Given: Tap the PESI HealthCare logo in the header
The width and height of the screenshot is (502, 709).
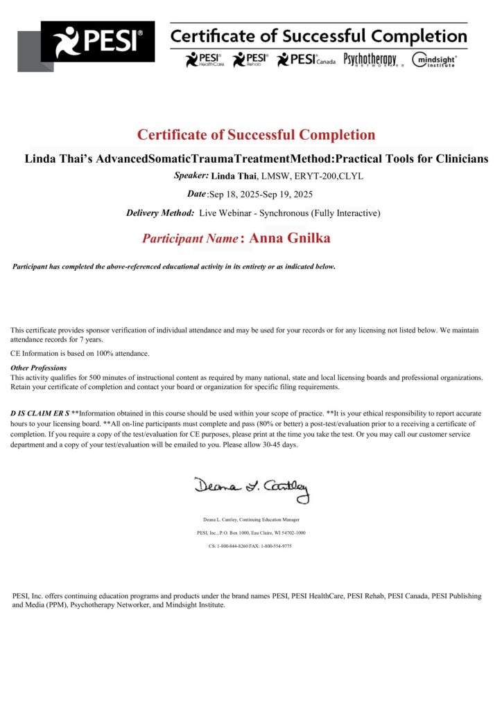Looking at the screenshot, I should tap(203, 60).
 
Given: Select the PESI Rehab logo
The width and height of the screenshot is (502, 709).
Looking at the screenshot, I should tap(250, 60).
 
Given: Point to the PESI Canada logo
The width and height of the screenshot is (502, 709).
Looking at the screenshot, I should tap(306, 60).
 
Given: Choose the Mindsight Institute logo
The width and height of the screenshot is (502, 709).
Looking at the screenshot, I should tap(435, 60).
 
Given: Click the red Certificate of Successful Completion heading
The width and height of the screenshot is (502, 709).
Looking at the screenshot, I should tap(256, 135).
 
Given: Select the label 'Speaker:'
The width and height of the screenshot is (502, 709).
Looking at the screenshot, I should tap(191, 176).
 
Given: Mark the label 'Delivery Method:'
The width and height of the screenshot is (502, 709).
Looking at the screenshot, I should tap(160, 213).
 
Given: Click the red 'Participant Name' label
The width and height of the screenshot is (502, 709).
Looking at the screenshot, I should tap(191, 238).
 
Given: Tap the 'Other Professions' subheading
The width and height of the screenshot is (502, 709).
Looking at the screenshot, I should tap(39, 368).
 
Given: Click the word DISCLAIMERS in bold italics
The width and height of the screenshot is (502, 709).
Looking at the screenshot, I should tap(40, 413).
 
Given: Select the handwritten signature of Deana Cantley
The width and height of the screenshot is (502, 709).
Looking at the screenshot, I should tap(251, 487).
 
